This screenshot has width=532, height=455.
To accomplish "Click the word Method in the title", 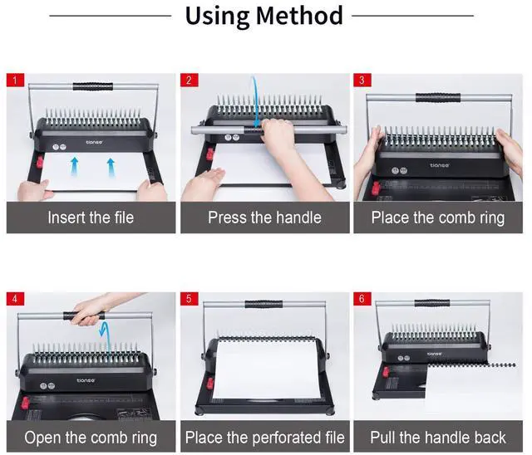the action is pyautogui.click(x=299, y=16).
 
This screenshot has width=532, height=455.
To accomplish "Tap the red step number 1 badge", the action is pyautogui.click(x=15, y=81).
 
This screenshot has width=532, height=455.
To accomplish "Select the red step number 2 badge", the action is pyautogui.click(x=189, y=81).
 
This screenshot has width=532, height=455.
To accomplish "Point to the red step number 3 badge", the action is pyautogui.click(x=362, y=81).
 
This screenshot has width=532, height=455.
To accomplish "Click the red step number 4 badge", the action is pyautogui.click(x=15, y=298).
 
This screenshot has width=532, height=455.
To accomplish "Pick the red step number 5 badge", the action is pyautogui.click(x=189, y=298).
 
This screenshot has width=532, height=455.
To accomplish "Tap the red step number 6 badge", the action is pyautogui.click(x=362, y=298).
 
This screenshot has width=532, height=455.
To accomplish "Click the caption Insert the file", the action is pyautogui.click(x=91, y=218).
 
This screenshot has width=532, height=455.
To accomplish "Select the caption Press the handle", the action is pyautogui.click(x=264, y=218).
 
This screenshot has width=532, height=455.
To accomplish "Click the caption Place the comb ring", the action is pyautogui.click(x=438, y=218).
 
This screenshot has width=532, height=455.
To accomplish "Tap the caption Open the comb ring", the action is pyautogui.click(x=91, y=438).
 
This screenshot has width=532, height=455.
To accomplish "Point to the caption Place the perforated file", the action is pyautogui.click(x=264, y=438).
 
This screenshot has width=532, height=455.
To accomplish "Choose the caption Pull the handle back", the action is pyautogui.click(x=438, y=437).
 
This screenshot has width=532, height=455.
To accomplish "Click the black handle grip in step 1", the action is pyautogui.click(x=92, y=86).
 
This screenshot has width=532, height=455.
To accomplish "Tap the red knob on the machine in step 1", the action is pyautogui.click(x=39, y=162).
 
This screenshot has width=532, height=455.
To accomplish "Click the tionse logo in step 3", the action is pyautogui.click(x=440, y=165).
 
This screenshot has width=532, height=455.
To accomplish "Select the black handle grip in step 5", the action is pyautogui.click(x=264, y=304).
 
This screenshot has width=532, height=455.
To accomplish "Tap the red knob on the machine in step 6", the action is pyautogui.click(x=386, y=372).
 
